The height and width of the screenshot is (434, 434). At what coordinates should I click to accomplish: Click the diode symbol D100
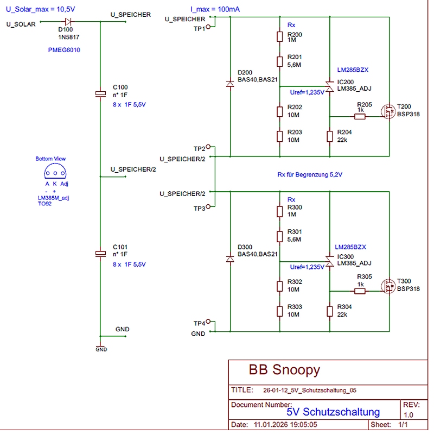pos(68,22)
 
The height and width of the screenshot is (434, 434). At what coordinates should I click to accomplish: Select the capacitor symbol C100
pos(100,94)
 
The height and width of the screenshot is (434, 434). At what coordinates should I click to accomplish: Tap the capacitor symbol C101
pos(100,253)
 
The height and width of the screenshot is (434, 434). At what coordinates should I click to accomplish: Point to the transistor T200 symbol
pos(388,112)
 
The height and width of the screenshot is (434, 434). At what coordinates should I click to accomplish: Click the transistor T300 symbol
pos(388,286)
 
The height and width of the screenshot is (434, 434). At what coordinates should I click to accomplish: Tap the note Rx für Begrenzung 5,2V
pos(310,175)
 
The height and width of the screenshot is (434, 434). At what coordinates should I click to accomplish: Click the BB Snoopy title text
pos(284,370)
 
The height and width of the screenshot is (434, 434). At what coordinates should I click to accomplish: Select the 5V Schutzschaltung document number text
pos(341,412)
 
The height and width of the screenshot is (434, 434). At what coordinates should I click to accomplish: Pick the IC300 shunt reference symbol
pos(329,259)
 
